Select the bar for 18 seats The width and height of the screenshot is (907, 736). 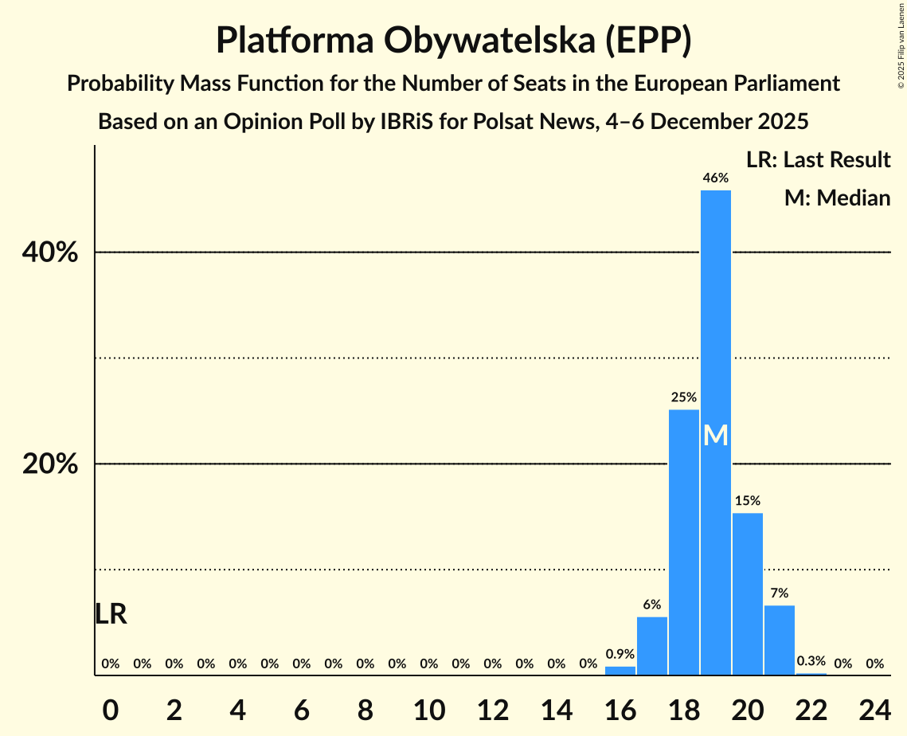point(683,542)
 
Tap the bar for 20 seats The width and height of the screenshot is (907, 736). point(747,593)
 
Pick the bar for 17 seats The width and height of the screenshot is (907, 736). point(652,645)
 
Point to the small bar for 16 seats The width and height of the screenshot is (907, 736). point(620,671)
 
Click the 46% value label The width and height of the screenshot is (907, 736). point(715,178)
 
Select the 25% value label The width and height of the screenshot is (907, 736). point(683,397)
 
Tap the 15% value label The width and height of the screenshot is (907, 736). point(747,501)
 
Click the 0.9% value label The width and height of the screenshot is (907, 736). point(620,654)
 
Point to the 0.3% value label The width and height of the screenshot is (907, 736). point(811,661)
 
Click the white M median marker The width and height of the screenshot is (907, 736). point(715,436)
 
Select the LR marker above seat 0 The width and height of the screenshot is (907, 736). point(111,614)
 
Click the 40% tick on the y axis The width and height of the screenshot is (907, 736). point(49,253)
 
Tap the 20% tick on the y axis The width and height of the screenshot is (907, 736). point(49,464)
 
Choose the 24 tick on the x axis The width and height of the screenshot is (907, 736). point(874,707)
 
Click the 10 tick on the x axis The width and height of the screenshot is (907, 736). point(429,707)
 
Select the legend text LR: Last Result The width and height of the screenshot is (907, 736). point(818,160)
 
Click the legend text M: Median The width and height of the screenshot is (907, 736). point(837,198)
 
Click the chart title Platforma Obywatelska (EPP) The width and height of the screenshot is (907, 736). point(453,41)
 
